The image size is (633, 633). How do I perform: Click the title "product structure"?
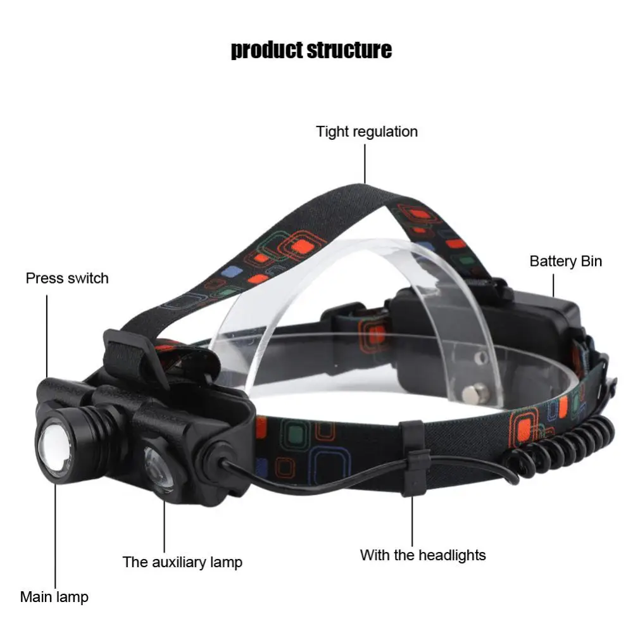[311, 49]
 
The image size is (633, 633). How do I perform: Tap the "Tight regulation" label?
[367, 132]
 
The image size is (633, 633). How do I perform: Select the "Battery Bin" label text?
[565, 261]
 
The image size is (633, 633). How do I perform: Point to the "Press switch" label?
[67, 278]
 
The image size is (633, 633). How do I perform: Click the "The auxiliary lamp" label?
[182, 561]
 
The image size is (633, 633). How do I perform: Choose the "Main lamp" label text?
[54, 596]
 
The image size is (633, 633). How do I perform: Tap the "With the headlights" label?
[423, 555]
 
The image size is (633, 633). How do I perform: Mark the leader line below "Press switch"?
[47, 335]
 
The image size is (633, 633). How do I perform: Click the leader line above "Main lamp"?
[55, 538]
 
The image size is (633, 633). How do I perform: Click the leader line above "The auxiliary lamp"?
[165, 525]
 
